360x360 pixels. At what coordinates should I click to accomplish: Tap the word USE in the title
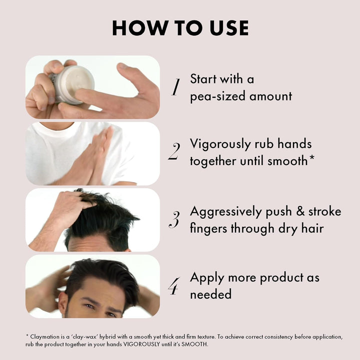[x=229, y=28]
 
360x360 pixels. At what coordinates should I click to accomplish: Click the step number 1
[x=175, y=87]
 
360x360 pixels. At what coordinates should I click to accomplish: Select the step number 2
[x=174, y=151]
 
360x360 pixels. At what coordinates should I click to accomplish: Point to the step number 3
[x=174, y=219]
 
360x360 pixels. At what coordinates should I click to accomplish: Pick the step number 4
[x=174, y=286]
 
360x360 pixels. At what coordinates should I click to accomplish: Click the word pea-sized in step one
[x=218, y=96]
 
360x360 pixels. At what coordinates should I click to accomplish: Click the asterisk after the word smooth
[x=312, y=158]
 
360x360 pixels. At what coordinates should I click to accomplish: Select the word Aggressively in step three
[x=226, y=212]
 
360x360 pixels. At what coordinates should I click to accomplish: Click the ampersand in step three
[x=300, y=211]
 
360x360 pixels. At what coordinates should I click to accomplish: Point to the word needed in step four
[x=211, y=294]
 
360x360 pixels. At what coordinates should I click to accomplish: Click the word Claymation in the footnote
[x=45, y=337]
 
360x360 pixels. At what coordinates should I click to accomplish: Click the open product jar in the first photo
[x=72, y=84]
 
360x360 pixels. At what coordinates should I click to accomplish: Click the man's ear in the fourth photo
[x=63, y=302]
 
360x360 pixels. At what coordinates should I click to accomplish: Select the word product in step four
[x=281, y=278]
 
